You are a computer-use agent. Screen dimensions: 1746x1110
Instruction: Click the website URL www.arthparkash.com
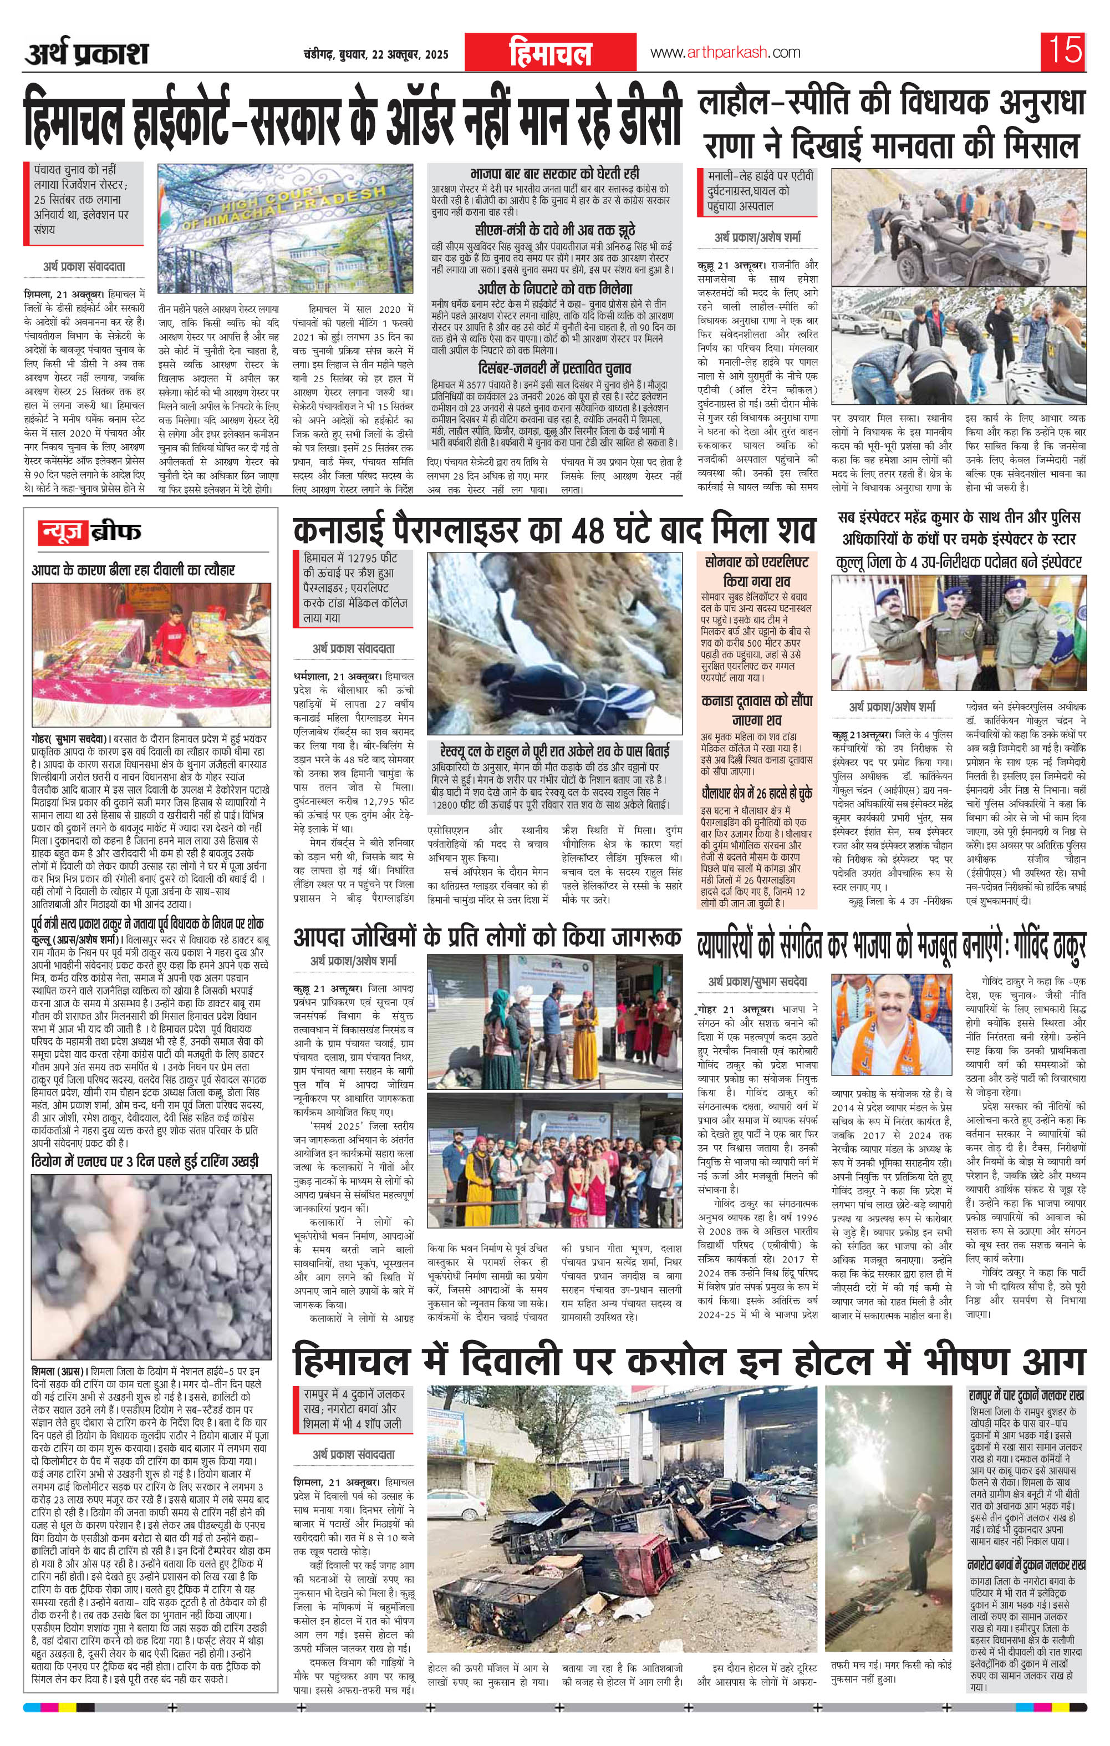[x=725, y=52]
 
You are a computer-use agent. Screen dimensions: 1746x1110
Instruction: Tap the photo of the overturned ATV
[x=959, y=226]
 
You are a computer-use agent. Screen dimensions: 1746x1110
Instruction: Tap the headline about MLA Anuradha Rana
[x=891, y=125]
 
